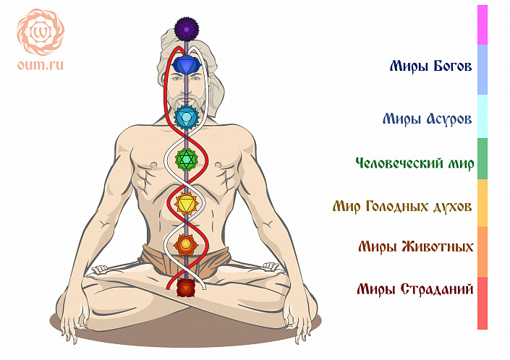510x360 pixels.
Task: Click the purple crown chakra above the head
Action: point(187,30)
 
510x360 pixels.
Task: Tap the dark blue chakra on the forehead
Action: point(187,66)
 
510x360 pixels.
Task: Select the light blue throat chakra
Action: point(187,115)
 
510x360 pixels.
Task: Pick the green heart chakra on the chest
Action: point(187,158)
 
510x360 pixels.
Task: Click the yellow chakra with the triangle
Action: point(187,203)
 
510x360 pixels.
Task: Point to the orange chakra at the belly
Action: point(187,244)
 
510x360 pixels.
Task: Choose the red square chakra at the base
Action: point(187,288)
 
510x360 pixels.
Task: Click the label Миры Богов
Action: point(430,67)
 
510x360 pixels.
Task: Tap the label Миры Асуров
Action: point(428,118)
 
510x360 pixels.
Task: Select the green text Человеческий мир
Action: point(415,163)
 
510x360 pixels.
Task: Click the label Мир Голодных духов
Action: point(402,207)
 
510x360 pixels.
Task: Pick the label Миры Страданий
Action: point(415,290)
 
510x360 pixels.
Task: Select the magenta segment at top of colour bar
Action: point(483,25)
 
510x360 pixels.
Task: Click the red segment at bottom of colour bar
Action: point(483,304)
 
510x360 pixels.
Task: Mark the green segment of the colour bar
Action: point(483,158)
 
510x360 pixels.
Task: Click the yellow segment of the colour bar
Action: point(483,203)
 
